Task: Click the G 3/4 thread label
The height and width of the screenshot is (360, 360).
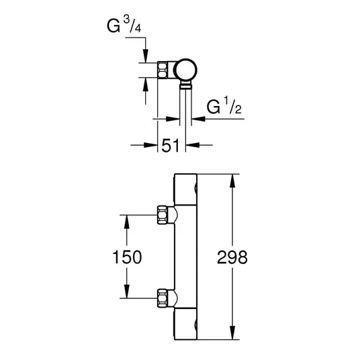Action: (124, 25)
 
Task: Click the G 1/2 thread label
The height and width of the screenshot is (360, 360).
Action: (224, 106)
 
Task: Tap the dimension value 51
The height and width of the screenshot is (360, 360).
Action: (171, 146)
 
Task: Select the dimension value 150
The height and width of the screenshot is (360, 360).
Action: (127, 257)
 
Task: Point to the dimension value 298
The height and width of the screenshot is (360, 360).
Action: (232, 257)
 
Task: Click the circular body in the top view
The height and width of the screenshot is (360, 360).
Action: (185, 70)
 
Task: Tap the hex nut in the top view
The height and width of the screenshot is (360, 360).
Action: (163, 70)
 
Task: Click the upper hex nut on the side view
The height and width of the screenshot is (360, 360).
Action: (163, 215)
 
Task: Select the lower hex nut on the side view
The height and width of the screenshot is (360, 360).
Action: (163, 298)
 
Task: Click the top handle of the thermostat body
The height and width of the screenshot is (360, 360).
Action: (185, 189)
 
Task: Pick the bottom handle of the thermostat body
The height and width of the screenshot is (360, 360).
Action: (185, 324)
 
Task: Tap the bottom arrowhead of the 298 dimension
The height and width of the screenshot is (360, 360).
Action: (232, 332)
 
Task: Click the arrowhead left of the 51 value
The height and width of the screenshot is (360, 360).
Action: (150, 145)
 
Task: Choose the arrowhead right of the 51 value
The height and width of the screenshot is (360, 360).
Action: (192, 145)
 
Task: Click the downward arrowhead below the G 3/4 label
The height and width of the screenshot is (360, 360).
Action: (146, 55)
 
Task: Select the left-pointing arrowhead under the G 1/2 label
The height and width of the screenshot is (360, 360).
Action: (198, 119)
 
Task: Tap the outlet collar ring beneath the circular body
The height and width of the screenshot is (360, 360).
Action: (185, 87)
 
